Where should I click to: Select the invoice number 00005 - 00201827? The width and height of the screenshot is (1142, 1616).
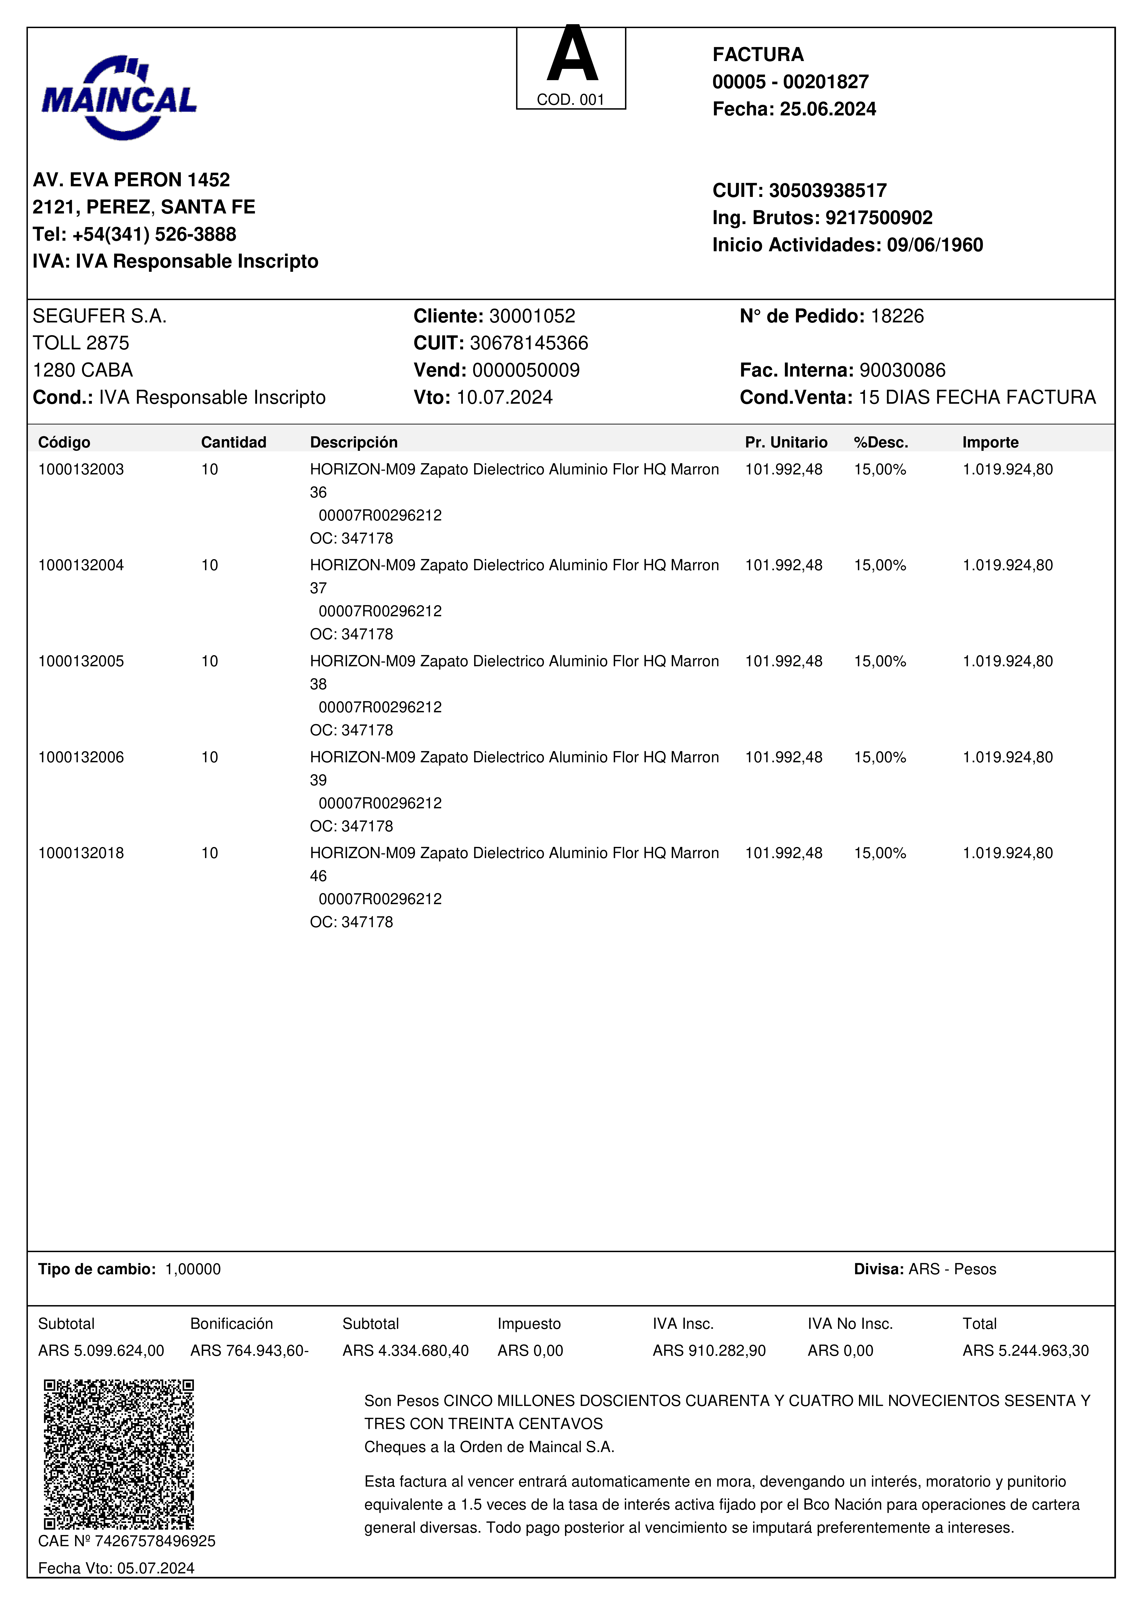(790, 82)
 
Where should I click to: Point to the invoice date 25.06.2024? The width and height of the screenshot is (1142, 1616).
(827, 109)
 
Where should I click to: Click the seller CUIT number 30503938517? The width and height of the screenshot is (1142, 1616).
(827, 191)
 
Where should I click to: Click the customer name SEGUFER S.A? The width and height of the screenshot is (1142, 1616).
(99, 316)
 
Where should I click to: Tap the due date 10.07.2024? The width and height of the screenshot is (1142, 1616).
(505, 398)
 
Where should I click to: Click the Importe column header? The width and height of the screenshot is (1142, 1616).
(990, 442)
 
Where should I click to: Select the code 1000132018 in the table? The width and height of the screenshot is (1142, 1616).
(81, 853)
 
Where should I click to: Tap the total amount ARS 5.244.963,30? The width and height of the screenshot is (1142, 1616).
(1025, 1351)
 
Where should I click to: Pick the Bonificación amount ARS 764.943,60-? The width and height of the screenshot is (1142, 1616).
(249, 1351)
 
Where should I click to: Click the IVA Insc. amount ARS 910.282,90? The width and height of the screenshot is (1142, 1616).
(709, 1351)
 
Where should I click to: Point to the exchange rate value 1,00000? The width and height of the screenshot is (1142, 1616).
(193, 1269)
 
